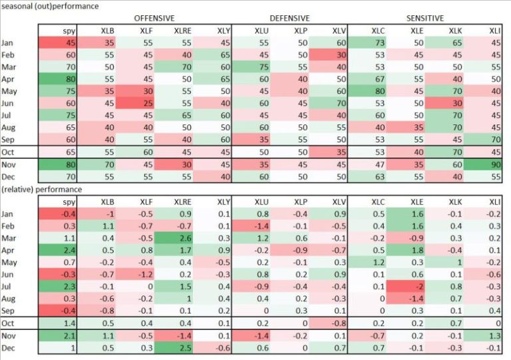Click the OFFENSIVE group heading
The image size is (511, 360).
point(154,18)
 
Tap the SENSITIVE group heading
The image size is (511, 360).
point(426,18)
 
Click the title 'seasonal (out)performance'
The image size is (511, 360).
point(50,6)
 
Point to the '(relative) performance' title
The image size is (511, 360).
point(41,189)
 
